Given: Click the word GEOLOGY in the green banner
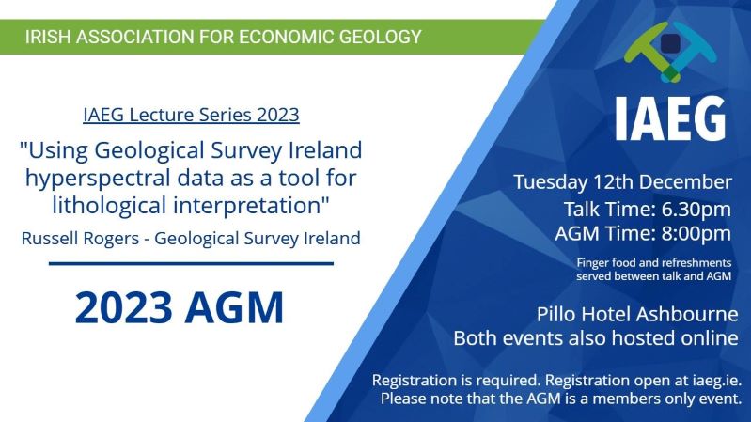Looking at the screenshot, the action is click(x=381, y=37).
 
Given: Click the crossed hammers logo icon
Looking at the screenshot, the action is click(x=670, y=52).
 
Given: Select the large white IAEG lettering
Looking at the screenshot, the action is click(x=670, y=118).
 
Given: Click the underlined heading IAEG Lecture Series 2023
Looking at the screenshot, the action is click(x=191, y=115).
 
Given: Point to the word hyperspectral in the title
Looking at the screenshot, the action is click(x=99, y=179).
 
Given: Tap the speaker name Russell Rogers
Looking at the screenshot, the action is click(x=80, y=239).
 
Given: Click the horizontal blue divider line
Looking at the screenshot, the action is click(x=191, y=263).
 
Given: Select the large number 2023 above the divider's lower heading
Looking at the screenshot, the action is click(x=123, y=307).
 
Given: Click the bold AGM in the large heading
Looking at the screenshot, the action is click(x=235, y=307).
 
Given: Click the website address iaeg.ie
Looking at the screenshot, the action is click(x=716, y=381).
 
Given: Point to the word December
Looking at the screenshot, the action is click(x=685, y=182).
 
